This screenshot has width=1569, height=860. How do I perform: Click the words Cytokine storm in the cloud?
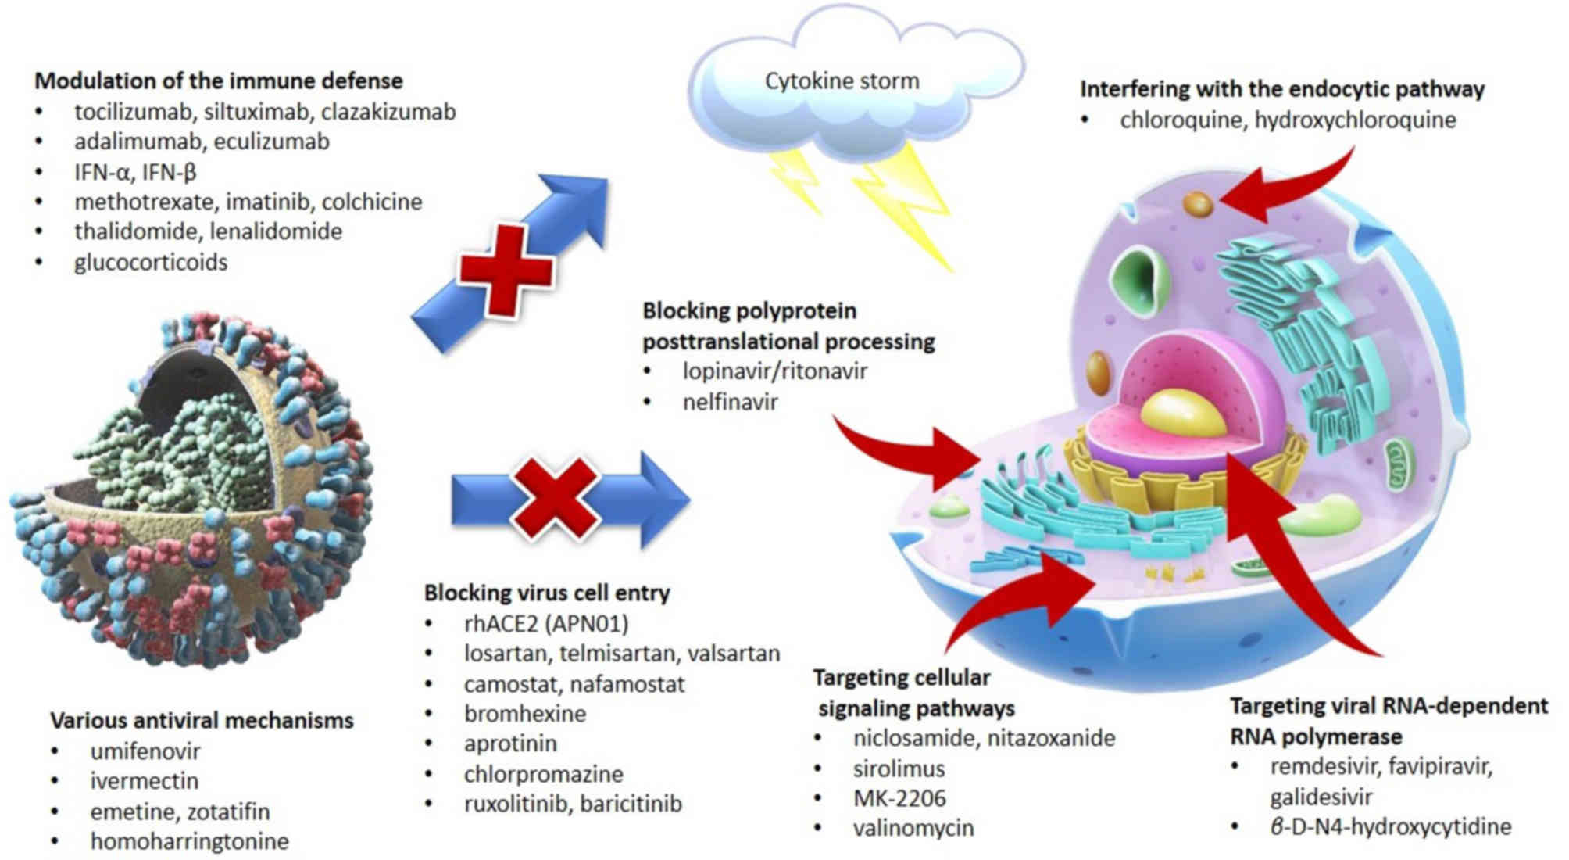pos(842,81)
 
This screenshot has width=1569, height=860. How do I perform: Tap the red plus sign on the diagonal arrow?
pos(506,268)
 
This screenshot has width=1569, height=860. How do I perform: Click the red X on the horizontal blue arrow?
pos(555,498)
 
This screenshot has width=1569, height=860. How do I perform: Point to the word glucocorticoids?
pos(151,262)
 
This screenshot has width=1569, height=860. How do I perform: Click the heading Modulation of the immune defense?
pos(219,81)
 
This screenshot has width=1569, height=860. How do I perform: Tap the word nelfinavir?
pos(730,402)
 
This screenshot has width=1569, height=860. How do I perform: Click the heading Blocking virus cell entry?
pos(547,593)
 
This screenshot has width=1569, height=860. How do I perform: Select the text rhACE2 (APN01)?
pos(546,623)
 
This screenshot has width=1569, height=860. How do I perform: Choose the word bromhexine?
pos(524,713)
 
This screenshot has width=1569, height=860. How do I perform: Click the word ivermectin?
pos(145,780)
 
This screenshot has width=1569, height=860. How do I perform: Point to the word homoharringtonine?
pos(189,841)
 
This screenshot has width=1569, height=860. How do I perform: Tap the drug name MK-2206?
pos(899,798)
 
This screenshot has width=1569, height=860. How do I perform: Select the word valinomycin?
pos(913,828)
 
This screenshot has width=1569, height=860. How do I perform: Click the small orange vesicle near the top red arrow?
pos(1197,204)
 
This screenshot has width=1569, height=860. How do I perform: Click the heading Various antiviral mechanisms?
pos(202,720)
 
